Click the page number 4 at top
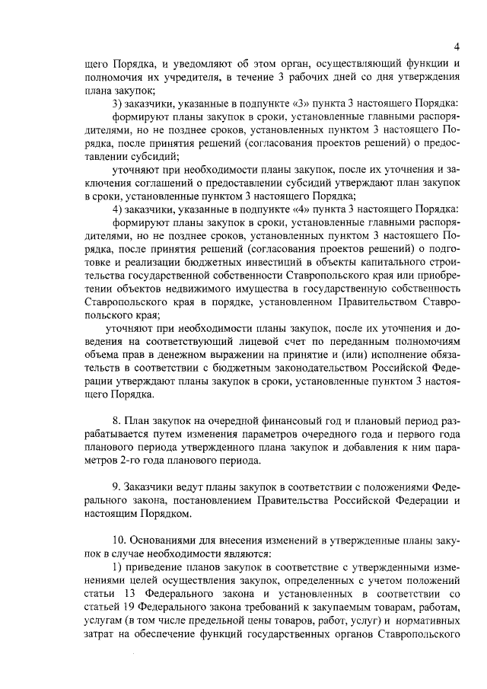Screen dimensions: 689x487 pos(454,44)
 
